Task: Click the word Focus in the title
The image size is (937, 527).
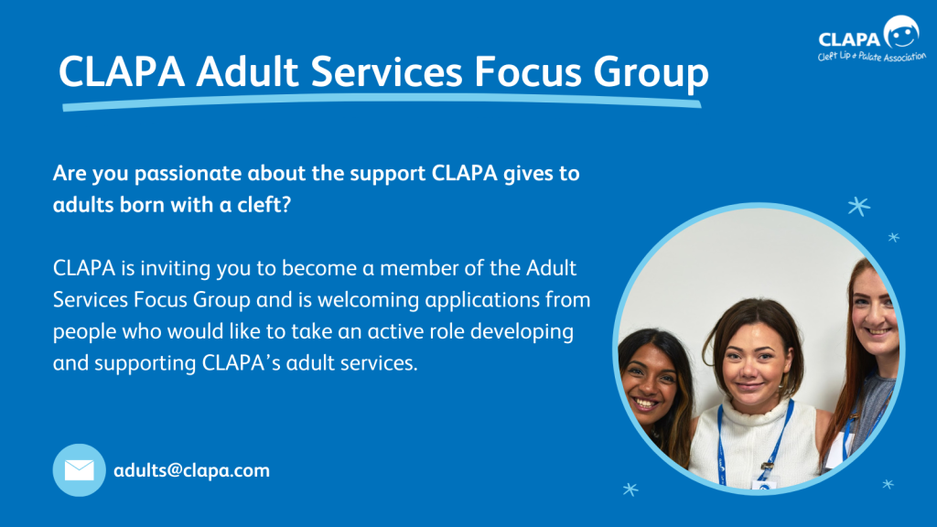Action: [528, 72]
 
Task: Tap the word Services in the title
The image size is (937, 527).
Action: [387, 72]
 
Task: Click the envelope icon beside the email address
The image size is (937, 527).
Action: [80, 470]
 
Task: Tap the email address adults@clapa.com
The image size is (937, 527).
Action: [192, 470]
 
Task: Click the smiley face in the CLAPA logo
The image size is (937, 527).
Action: [901, 32]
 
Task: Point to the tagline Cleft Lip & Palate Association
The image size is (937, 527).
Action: [872, 57]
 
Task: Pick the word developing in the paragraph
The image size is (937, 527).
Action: [522, 332]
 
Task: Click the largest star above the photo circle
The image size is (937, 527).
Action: [858, 206]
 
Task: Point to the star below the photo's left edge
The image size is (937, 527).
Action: [630, 489]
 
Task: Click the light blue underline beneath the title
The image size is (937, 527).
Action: [382, 102]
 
